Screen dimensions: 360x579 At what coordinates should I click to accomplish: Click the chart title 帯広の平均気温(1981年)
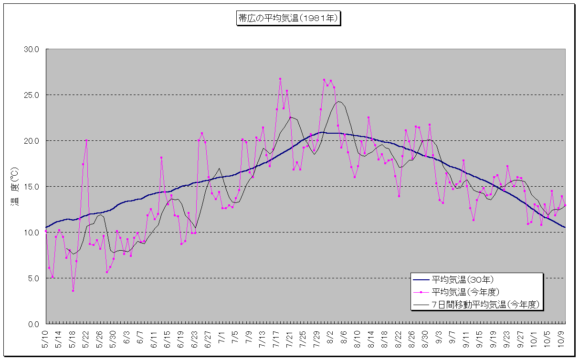click(288, 19)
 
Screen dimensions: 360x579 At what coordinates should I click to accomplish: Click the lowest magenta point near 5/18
click(73, 291)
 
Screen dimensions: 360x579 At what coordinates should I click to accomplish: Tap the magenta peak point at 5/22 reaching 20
click(86, 140)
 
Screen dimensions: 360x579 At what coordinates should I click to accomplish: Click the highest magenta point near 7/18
click(280, 79)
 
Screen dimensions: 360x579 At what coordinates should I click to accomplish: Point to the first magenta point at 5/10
click(46, 231)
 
